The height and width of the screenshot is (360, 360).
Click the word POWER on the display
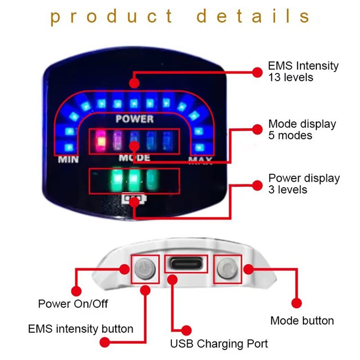pyautogui.click(x=134, y=119)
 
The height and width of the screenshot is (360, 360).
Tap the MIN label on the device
pyautogui.click(x=68, y=159)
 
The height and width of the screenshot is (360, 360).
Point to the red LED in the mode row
pyautogui.click(x=101, y=140)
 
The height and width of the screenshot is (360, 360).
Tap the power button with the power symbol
pyautogui.click(x=144, y=269)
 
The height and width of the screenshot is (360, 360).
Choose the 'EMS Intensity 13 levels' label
pyautogui.click(x=302, y=71)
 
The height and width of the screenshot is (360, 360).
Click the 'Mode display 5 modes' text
pyautogui.click(x=302, y=129)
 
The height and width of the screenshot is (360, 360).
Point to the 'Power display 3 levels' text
pyautogui.click(x=304, y=184)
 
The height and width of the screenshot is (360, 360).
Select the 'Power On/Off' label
pyautogui.click(x=73, y=304)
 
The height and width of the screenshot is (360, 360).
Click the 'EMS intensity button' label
pyautogui.click(x=81, y=329)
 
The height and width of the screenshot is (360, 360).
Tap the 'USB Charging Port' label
pyautogui.click(x=219, y=344)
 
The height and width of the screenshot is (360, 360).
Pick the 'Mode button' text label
pyautogui.click(x=302, y=321)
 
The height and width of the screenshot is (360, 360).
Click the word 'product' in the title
pyautogui.click(x=112, y=17)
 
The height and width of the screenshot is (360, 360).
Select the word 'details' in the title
pyautogui.click(x=253, y=17)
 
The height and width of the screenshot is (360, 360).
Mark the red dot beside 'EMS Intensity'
pyautogui.click(x=257, y=72)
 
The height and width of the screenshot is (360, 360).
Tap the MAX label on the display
pyautogui.click(x=200, y=161)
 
